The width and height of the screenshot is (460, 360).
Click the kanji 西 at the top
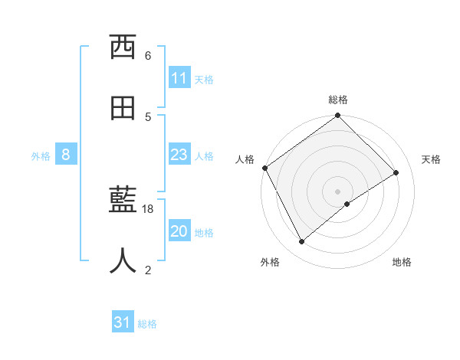click(x=123, y=48)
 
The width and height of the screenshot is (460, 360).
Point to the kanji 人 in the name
click(x=123, y=260)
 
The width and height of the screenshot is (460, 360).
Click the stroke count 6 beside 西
click(x=148, y=56)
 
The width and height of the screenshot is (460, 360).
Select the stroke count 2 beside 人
click(x=148, y=269)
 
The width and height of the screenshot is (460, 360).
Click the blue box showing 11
click(x=179, y=79)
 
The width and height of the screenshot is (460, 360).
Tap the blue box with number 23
click(x=179, y=155)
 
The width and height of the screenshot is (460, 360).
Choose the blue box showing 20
click(x=179, y=232)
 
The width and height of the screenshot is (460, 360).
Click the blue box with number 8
click(x=66, y=155)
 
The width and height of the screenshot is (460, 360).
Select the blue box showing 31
click(x=123, y=323)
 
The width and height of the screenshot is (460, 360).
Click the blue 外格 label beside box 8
click(x=41, y=156)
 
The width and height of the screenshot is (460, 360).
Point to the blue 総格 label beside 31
click(x=147, y=324)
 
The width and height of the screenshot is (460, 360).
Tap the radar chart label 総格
click(x=338, y=100)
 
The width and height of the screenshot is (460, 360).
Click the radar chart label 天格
click(x=432, y=159)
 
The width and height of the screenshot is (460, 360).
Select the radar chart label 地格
click(x=402, y=262)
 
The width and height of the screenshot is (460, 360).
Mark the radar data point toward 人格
click(x=264, y=168)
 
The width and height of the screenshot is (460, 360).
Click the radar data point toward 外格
click(x=301, y=242)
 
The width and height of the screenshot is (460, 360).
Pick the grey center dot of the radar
click(x=338, y=191)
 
